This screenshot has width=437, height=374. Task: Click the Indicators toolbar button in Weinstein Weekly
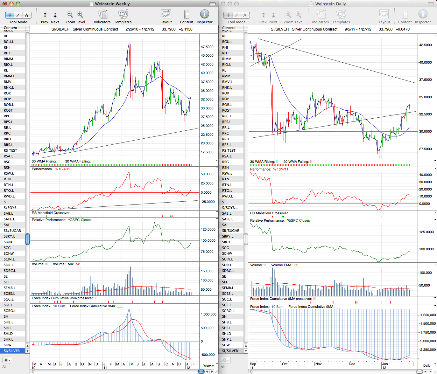(x=102, y=17)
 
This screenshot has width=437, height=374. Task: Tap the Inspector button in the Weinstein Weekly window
(x=204, y=17)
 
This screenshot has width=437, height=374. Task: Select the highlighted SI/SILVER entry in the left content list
(x=12, y=351)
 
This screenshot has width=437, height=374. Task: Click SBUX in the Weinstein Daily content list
(x=226, y=242)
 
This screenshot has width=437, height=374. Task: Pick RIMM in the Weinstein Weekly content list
(x=8, y=59)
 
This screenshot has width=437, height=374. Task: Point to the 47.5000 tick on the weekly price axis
(x=207, y=47)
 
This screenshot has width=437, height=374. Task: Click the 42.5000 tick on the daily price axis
(x=425, y=45)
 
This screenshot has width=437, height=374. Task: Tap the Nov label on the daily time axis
(x=318, y=364)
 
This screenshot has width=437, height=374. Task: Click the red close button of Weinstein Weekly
(x=5, y=3)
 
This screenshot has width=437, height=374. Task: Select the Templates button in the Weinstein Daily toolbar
(x=341, y=17)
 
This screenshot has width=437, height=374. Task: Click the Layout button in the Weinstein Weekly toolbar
(x=166, y=17)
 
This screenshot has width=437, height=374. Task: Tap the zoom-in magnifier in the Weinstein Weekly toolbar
(x=80, y=15)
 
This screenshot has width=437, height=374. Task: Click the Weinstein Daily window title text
(x=330, y=4)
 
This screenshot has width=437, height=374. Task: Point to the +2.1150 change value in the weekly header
(x=186, y=29)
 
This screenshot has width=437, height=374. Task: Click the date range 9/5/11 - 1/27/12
(x=358, y=29)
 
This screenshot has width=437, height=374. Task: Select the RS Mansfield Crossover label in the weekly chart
(x=51, y=213)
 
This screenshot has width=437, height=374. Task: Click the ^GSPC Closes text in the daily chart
(x=298, y=220)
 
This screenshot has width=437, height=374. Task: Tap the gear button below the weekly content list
(x=7, y=360)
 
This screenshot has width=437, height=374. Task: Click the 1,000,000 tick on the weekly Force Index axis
(x=208, y=314)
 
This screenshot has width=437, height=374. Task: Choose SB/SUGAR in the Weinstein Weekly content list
(x=12, y=231)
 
